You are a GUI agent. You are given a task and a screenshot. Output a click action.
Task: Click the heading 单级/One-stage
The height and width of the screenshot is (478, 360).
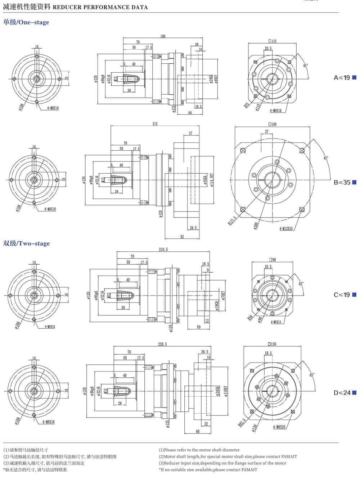pyautogui.click(x=26, y=22)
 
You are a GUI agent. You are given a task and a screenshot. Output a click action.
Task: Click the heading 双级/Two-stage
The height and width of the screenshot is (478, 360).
pyautogui.click(x=26, y=243)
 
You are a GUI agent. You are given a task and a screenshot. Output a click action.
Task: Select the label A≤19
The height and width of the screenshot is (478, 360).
pyautogui.click(x=342, y=78)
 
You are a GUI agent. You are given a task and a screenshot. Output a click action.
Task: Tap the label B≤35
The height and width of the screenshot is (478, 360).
pyautogui.click(x=342, y=182)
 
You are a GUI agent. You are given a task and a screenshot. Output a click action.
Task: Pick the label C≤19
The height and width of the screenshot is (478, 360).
pyautogui.click(x=342, y=295)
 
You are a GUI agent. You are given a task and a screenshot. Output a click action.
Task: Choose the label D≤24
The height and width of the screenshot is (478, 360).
pyautogui.click(x=342, y=393)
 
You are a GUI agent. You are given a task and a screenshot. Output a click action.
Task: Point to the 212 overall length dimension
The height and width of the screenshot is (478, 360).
pyautogui.click(x=155, y=124)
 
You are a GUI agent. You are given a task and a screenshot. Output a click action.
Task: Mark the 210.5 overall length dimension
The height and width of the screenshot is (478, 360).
pyautogui.click(x=163, y=249)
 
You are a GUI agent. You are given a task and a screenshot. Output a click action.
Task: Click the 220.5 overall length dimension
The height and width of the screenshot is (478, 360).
pyautogui.click(x=162, y=344)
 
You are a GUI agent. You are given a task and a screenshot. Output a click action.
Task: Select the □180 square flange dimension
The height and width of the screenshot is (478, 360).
pyautogui.click(x=273, y=124)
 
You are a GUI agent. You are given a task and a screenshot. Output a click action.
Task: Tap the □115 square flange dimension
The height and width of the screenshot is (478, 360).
pyautogui.click(x=273, y=41)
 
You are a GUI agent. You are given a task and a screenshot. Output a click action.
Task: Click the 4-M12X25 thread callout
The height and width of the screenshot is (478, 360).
pyautogui.click(x=286, y=228)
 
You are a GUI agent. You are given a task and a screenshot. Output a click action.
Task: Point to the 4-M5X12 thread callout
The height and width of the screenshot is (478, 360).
pyautogui.click(x=276, y=322)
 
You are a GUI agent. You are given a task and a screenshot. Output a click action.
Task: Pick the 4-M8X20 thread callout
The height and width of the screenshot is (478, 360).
pyautogui.click(x=279, y=427)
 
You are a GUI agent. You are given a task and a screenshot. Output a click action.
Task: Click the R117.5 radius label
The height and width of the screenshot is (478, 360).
pyautogui.click(x=232, y=220)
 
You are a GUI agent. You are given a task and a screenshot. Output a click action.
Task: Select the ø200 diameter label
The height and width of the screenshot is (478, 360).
pyautogui.click(x=256, y=225)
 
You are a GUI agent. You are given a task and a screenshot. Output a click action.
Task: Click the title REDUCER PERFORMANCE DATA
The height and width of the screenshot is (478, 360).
pyautogui.click(x=100, y=7)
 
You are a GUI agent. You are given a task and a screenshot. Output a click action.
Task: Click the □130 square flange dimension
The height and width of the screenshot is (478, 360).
pyautogui.click(x=272, y=344)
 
